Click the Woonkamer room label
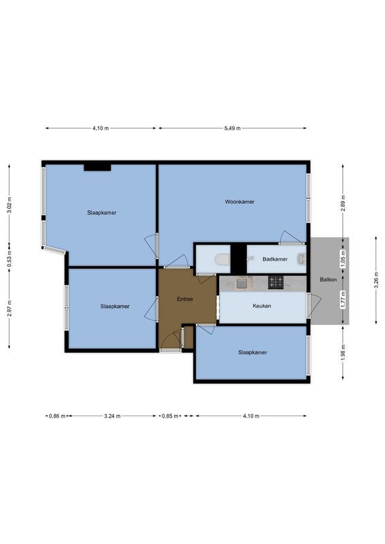pyautogui.click(x=239, y=202)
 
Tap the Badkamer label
pyautogui.click(x=275, y=259)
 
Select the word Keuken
pyautogui.click(x=262, y=306)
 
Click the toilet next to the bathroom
pyautogui.click(x=220, y=260)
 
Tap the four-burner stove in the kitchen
pyautogui.click(x=275, y=282)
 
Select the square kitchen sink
pyautogui.click(x=241, y=284)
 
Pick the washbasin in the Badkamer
pyautogui.click(x=301, y=259)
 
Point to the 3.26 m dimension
pyautogui.click(x=375, y=280)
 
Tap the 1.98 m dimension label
pyautogui.click(x=344, y=352)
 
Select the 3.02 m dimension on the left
pyautogui.click(x=9, y=205)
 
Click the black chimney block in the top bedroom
pyautogui.click(x=97, y=167)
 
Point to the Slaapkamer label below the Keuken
pyautogui.click(x=252, y=352)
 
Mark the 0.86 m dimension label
pyautogui.click(x=56, y=416)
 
